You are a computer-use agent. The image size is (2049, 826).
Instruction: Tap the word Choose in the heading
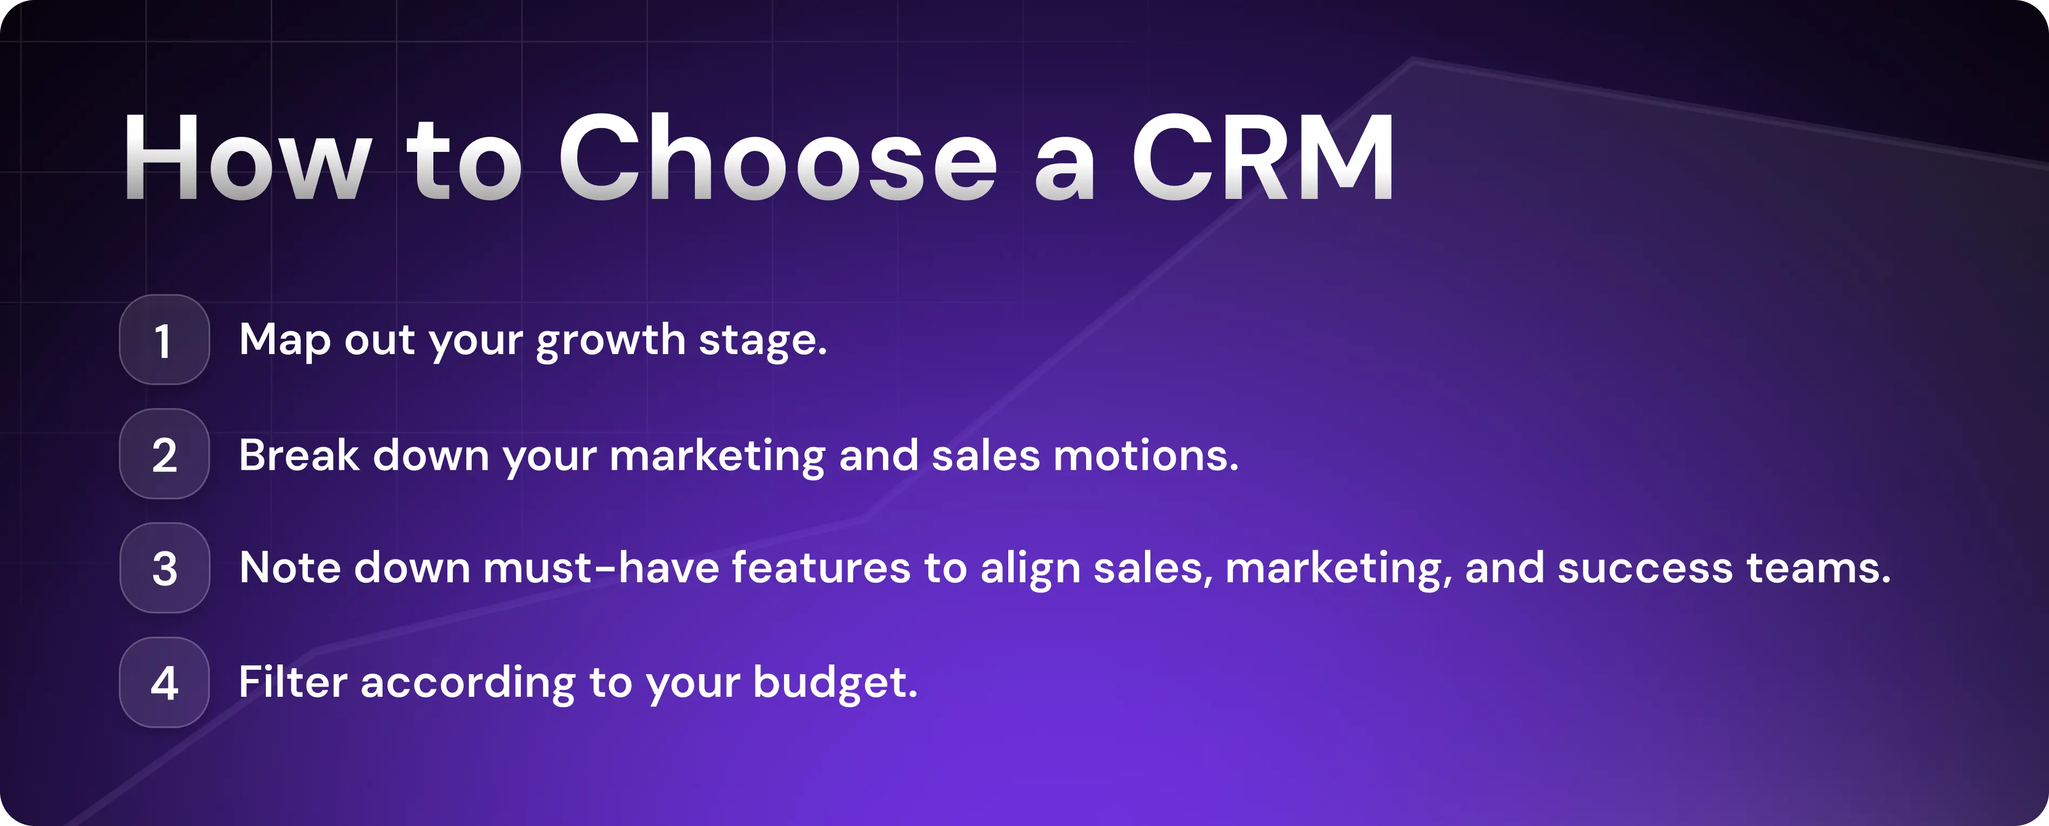click(x=777, y=157)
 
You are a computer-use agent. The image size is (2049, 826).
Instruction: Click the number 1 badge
click(x=164, y=341)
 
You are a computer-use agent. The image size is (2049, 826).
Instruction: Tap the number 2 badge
click(x=164, y=455)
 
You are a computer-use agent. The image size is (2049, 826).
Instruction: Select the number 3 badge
click(x=164, y=568)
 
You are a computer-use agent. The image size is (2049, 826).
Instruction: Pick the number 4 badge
click(x=164, y=683)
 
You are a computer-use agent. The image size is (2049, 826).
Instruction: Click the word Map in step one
click(x=285, y=341)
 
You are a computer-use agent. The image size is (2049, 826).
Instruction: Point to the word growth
click(x=610, y=341)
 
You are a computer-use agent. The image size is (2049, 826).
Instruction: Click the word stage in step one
click(x=762, y=341)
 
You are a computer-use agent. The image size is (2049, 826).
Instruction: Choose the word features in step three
click(x=820, y=568)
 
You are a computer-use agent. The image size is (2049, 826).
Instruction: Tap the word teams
click(x=1818, y=568)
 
